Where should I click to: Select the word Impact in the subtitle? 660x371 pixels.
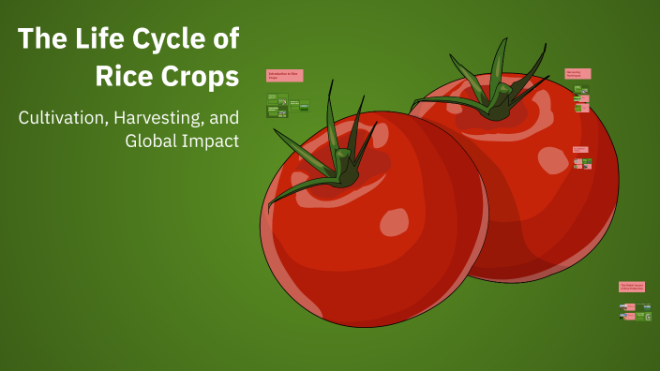212,141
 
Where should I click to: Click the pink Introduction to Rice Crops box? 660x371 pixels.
284,76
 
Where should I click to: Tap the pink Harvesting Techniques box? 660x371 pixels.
577,73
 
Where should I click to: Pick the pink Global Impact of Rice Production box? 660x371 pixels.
631,287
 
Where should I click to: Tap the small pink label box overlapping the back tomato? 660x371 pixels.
580,149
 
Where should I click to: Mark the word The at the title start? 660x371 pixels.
38,39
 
